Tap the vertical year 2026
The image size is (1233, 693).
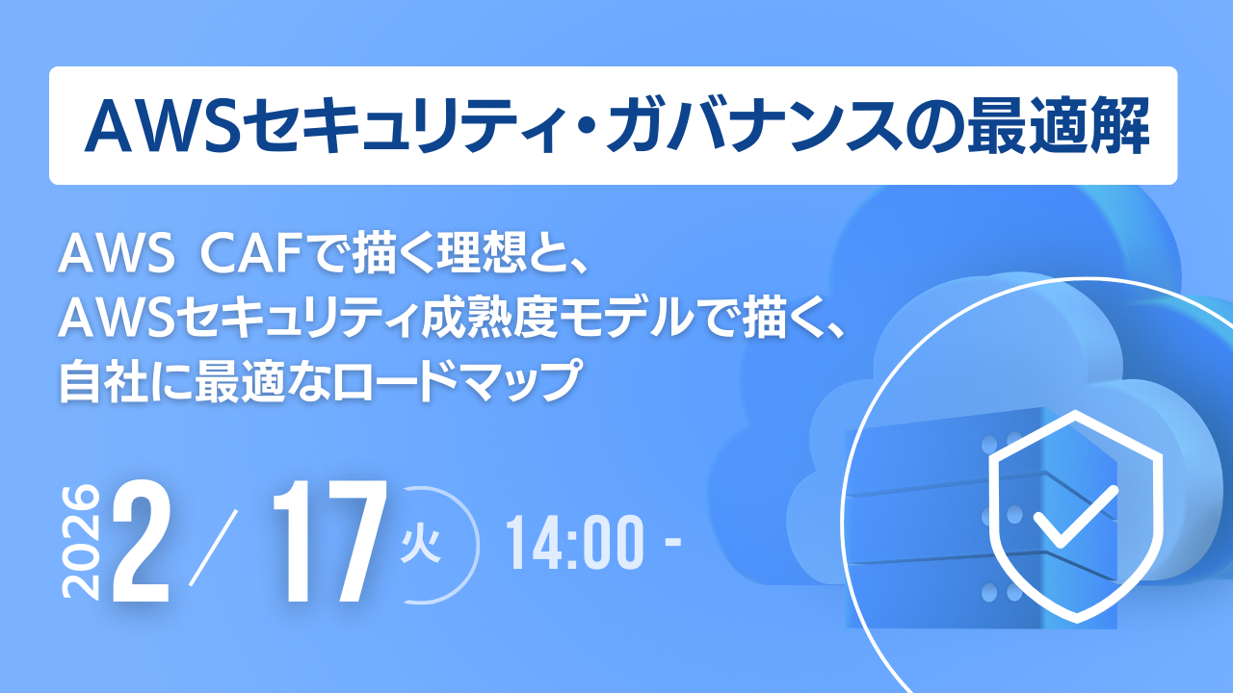[81, 543]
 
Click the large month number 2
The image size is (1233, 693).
[142, 543]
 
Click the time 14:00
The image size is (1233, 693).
[575, 545]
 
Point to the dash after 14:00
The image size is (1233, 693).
[672, 547]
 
